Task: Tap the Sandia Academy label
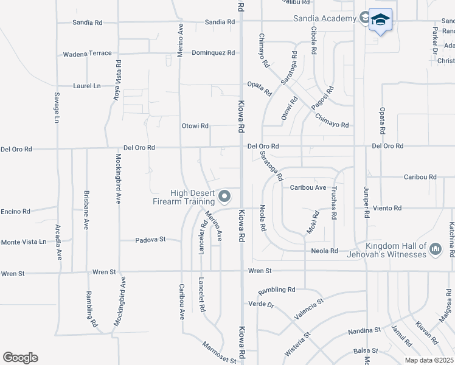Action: pos(324,19)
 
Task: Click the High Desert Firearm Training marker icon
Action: pos(225,196)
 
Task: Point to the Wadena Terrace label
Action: pos(88,54)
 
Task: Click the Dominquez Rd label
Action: pos(213,53)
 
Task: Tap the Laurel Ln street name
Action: pos(87,86)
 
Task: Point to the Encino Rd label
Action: pos(15,211)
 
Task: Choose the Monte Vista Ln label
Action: pos(23,242)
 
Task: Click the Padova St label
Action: pos(150,240)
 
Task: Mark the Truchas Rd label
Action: pos(335,203)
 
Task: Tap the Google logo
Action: pos(20,358)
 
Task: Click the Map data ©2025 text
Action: pos(428,360)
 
